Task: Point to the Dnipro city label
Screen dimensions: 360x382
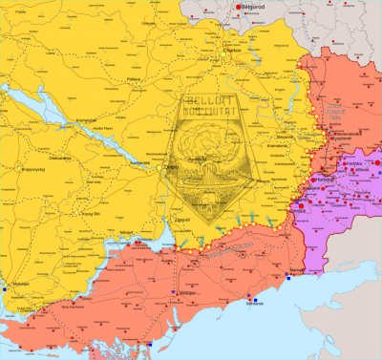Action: [172, 167]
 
